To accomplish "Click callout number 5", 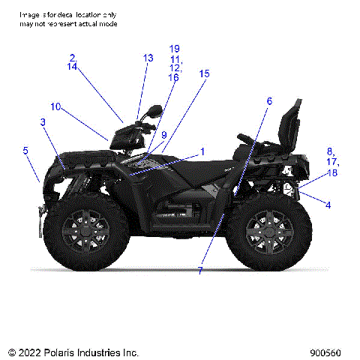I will (x=25, y=151).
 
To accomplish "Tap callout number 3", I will (x=43, y=122).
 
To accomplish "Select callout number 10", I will (x=55, y=106).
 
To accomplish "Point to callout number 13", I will (x=148, y=58).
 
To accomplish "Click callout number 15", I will (x=205, y=73).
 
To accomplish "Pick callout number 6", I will (x=269, y=101).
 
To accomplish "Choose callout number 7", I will (x=200, y=271).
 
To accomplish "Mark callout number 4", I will (x=328, y=204).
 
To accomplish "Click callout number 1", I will (x=202, y=151).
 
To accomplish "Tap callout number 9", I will (x=163, y=135).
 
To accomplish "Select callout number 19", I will (x=175, y=49).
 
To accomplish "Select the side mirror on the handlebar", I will (x=154, y=111).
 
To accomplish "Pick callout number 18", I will (x=331, y=172).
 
